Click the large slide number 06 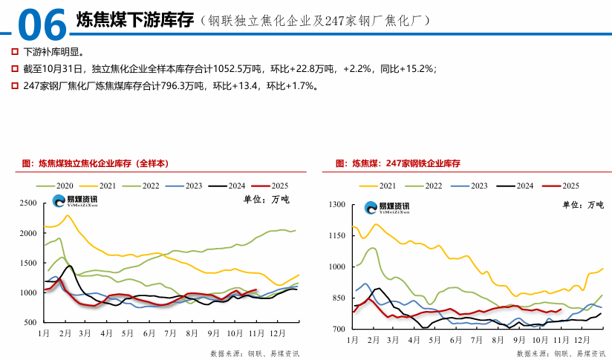(x=41, y=24)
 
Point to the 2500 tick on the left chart (x=28, y=203)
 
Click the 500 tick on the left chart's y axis (x=30, y=323)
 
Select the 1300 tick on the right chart (x=337, y=205)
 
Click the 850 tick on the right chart (x=339, y=298)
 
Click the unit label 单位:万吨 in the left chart (x=267, y=200)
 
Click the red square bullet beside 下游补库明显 (x=15, y=52)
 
